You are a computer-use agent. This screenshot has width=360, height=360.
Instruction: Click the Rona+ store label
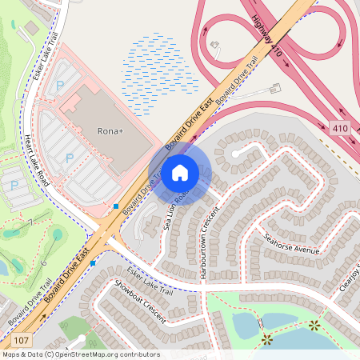click(110, 130)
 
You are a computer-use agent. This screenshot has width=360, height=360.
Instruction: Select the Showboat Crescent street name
click(139, 302)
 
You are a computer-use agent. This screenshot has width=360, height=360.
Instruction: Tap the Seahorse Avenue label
click(292, 243)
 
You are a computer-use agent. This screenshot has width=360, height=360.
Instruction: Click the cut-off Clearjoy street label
click(348, 278)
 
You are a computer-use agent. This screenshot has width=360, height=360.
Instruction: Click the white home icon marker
click(180, 172)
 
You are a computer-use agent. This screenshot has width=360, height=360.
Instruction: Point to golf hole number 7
click(30, 222)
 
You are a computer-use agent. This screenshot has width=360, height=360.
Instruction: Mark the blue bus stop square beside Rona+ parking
click(116, 206)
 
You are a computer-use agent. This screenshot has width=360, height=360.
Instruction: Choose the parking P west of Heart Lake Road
click(14, 186)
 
